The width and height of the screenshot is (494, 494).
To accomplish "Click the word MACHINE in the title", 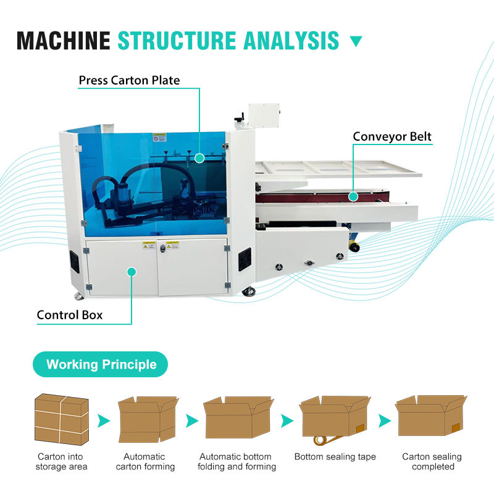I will [x=63, y=40].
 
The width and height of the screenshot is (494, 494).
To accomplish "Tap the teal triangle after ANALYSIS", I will [x=356, y=42].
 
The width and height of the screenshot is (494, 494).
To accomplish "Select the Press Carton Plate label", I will [x=129, y=80].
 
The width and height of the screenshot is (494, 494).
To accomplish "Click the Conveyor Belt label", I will [x=392, y=136].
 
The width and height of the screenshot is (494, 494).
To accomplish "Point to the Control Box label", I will [x=70, y=315].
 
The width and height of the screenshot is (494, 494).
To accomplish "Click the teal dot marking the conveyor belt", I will [x=353, y=196].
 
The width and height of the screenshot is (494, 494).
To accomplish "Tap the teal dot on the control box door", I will [x=131, y=271].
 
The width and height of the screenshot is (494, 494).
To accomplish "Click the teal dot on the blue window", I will [x=199, y=158].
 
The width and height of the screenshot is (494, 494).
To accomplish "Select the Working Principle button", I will [x=101, y=364].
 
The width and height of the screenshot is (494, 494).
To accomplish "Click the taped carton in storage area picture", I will [x=61, y=419].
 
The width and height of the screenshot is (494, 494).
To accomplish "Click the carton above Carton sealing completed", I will [x=430, y=415].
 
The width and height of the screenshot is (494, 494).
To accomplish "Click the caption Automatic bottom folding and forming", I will [x=237, y=462].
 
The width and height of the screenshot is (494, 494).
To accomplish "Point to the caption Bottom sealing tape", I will [x=335, y=457].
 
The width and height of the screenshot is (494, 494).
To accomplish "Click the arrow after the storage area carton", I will [x=104, y=421].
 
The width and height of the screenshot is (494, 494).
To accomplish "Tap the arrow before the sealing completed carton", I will [x=385, y=421].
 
